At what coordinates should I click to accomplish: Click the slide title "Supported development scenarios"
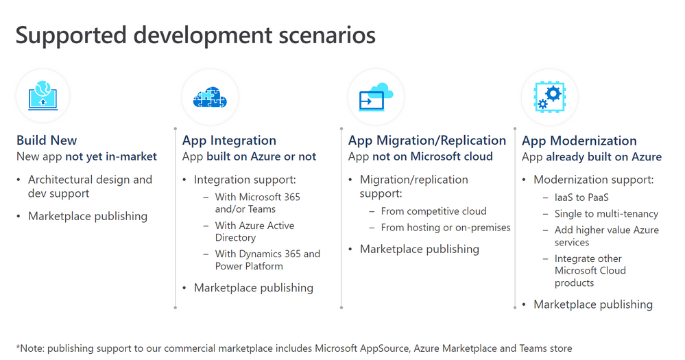pyautogui.click(x=195, y=36)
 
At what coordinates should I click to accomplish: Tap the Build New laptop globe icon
pyautogui.click(x=43, y=95)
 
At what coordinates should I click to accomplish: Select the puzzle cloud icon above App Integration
pyautogui.click(x=210, y=97)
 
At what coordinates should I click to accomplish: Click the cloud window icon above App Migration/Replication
pyautogui.click(x=376, y=97)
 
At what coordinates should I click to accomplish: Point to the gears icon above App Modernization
pyautogui.click(x=549, y=97)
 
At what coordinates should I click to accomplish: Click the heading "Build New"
pyautogui.click(x=47, y=141)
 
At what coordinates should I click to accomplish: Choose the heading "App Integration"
pyautogui.click(x=229, y=141)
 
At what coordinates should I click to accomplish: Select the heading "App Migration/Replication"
pyautogui.click(x=426, y=141)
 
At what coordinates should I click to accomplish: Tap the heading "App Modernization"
pyautogui.click(x=579, y=141)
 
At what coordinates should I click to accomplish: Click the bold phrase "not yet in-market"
pyautogui.click(x=111, y=156)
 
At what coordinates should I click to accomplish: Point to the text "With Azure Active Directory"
pyautogui.click(x=254, y=232)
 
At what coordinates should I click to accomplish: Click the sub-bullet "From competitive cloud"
pyautogui.click(x=433, y=211)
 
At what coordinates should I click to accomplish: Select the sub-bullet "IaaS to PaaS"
pyautogui.click(x=581, y=197)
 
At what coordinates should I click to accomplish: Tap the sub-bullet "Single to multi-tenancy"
pyautogui.click(x=606, y=214)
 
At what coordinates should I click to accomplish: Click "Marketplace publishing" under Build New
pyautogui.click(x=88, y=216)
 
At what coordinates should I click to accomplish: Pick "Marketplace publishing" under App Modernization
pyautogui.click(x=593, y=304)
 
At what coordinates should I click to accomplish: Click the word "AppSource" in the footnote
pyautogui.click(x=384, y=348)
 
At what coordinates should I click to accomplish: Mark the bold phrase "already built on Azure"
pyautogui.click(x=603, y=157)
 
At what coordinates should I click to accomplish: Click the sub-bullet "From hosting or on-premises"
pyautogui.click(x=446, y=228)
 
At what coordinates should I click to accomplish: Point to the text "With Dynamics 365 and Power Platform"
pyautogui.click(x=267, y=260)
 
